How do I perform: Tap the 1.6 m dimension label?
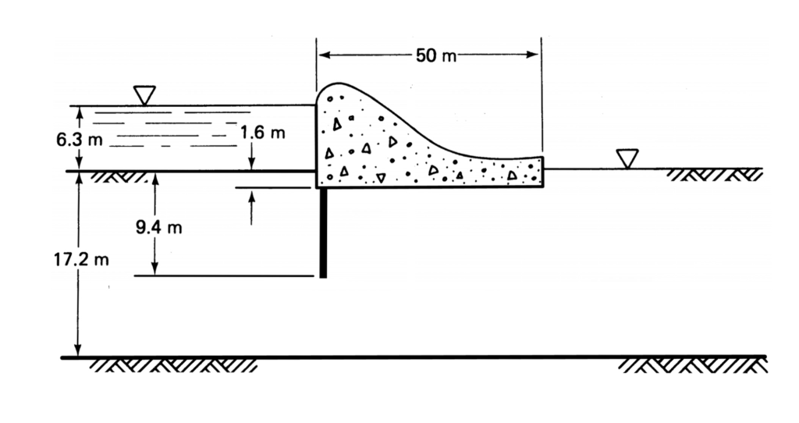(262, 132)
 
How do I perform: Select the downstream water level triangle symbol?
(627, 158)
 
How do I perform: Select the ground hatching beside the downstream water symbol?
(714, 174)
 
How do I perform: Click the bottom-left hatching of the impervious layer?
(172, 364)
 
